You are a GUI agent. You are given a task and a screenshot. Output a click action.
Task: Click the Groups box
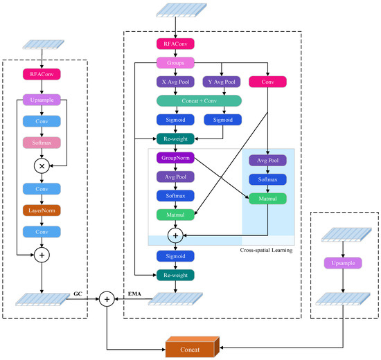175,62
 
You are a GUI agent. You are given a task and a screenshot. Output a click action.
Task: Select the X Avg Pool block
175,82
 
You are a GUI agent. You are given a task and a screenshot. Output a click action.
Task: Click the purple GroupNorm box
175,158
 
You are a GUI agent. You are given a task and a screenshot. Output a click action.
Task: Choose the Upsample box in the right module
343,263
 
